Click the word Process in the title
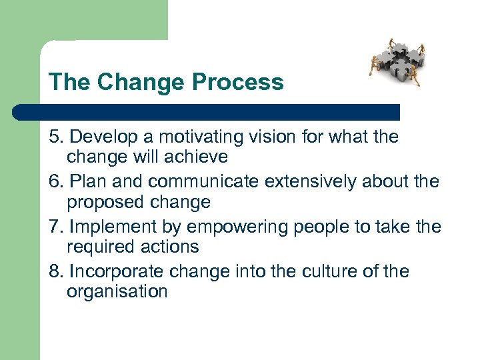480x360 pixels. point(237,82)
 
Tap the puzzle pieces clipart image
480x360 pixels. point(397,62)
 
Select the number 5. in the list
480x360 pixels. point(56,137)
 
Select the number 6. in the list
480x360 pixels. point(56,181)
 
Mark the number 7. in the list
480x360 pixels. point(56,227)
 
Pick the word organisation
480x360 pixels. point(117,292)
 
